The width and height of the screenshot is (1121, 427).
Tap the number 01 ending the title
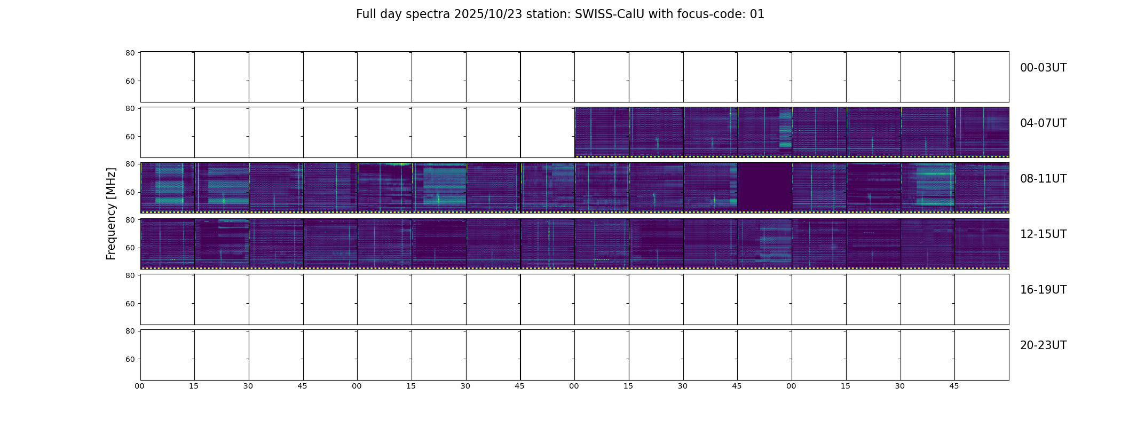[x=757, y=14]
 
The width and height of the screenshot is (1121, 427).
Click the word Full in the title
[x=367, y=14]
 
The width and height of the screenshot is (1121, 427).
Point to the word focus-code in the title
[x=708, y=14]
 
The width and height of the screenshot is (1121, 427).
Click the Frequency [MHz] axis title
[x=111, y=213]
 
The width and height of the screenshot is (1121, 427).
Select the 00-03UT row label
[x=1043, y=68]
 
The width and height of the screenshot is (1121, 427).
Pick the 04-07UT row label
[x=1043, y=123]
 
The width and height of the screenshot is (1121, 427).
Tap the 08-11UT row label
[x=1043, y=179]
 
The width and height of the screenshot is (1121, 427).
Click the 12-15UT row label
[x=1043, y=234]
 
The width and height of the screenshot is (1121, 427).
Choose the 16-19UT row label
[x=1043, y=290]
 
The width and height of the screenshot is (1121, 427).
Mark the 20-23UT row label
[x=1043, y=345]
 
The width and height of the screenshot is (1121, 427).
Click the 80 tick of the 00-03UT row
[x=130, y=53]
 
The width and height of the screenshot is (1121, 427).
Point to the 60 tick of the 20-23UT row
[x=130, y=359]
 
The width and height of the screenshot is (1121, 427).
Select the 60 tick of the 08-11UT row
[x=130, y=192]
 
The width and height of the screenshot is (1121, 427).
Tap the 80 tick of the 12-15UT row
[x=130, y=220]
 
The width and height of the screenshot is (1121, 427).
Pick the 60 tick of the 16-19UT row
[x=130, y=304]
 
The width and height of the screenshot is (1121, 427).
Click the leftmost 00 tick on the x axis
[x=140, y=386]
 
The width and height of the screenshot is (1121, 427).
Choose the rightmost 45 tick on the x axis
[x=954, y=386]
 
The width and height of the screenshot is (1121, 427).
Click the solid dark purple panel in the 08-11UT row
[x=764, y=187]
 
